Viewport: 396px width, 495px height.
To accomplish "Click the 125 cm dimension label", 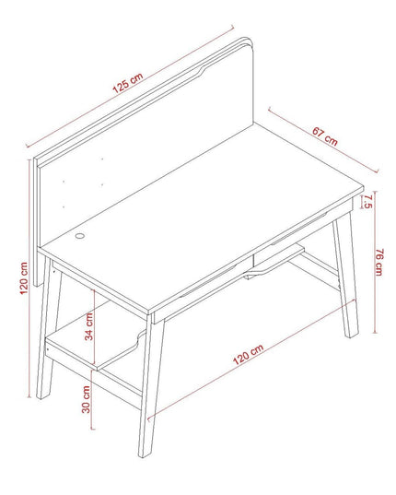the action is (x=128, y=83).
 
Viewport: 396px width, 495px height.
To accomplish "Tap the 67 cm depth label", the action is (x=325, y=136).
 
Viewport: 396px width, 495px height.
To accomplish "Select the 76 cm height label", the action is (x=379, y=262).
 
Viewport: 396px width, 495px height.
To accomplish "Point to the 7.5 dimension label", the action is (x=368, y=201).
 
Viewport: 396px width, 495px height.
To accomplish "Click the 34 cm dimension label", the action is (x=89, y=326).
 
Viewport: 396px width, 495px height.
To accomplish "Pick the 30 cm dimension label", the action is (x=86, y=399).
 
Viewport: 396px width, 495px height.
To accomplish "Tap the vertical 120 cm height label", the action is (x=24, y=278).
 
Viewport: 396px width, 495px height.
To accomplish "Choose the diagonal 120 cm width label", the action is (x=248, y=354).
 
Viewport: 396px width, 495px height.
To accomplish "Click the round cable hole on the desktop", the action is (x=80, y=235).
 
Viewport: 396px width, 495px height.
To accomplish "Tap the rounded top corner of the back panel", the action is (x=249, y=42).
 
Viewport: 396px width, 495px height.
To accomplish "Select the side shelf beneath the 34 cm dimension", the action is (x=95, y=344).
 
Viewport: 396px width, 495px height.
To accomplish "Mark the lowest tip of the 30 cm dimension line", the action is (x=93, y=429).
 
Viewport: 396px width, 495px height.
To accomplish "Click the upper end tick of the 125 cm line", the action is (x=233, y=27).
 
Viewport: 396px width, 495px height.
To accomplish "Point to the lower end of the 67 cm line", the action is (x=377, y=171).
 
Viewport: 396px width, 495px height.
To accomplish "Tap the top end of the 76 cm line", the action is (x=375, y=192).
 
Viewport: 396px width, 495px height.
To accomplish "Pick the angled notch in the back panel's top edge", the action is (x=201, y=71).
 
